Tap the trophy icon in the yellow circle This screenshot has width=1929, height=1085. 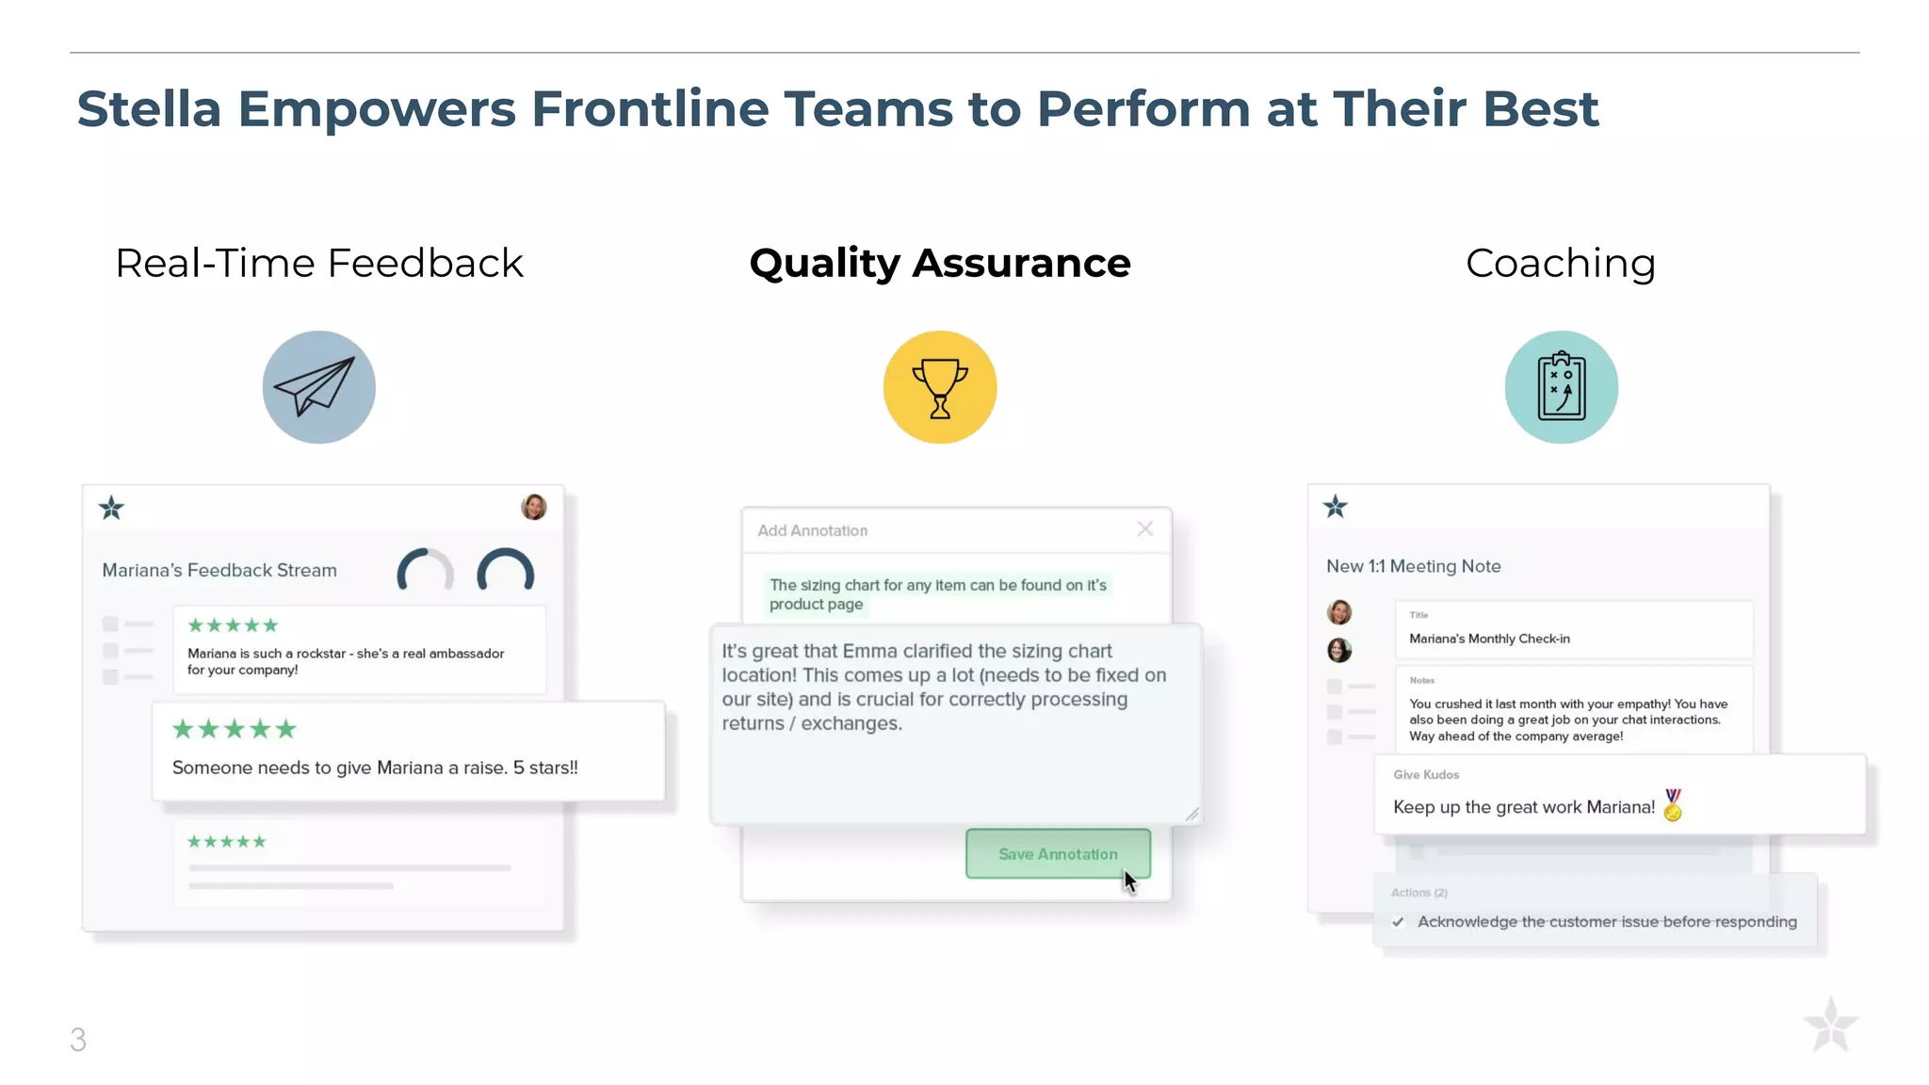click(x=939, y=387)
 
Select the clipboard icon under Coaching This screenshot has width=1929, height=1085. click(x=1561, y=387)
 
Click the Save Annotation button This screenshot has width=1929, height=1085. click(x=1057, y=853)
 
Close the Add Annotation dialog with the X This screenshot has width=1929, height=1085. click(x=1144, y=529)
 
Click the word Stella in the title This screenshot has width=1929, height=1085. click(x=149, y=108)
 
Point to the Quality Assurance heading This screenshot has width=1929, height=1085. click(x=939, y=263)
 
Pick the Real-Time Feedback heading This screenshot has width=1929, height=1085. click(x=318, y=263)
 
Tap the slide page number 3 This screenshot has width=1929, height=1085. click(x=78, y=1039)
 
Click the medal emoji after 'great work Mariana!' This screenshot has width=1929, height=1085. click(x=1673, y=805)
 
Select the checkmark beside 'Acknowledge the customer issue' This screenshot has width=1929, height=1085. click(x=1399, y=922)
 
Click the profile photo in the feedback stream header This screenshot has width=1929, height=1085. click(x=534, y=507)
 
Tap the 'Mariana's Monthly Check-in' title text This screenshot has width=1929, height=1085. click(x=1489, y=639)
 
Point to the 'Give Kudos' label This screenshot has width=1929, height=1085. click(x=1426, y=774)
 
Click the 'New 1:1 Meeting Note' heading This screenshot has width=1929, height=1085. click(x=1413, y=566)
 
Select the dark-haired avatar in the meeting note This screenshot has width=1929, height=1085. click(x=1339, y=650)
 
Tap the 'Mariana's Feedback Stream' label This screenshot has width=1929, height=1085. click(x=219, y=570)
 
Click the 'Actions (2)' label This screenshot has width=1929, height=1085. click(x=1418, y=892)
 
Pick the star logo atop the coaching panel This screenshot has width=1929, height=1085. click(x=1335, y=507)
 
